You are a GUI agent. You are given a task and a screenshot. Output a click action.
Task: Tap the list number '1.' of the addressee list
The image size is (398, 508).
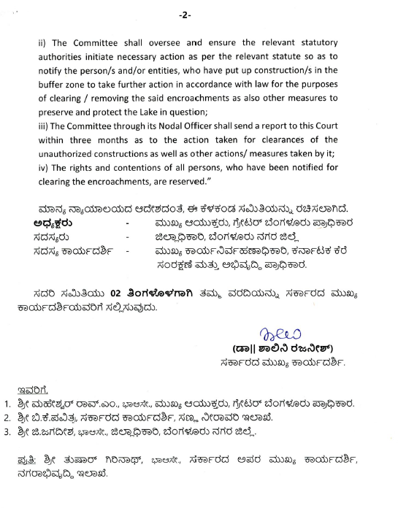8,403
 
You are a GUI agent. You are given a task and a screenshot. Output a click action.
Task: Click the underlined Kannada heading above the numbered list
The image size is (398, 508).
30,387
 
